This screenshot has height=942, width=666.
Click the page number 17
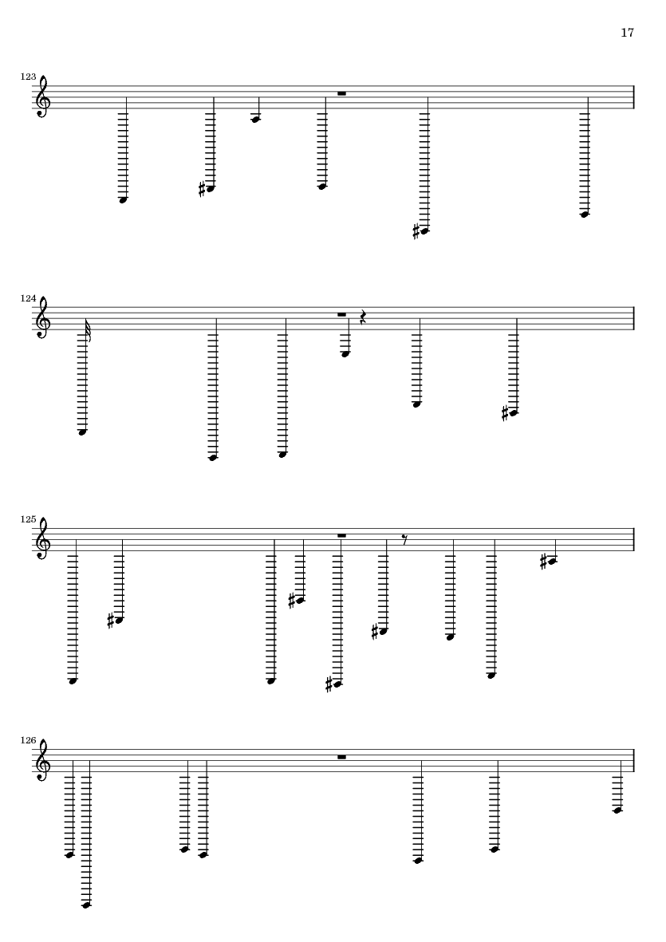pos(627,33)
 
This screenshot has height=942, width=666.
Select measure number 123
pos(28,77)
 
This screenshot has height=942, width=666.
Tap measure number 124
pos(28,298)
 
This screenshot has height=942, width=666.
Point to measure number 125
pos(28,519)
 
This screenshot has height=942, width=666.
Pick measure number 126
pos(28,740)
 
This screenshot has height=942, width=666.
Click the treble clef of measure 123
pos(43,97)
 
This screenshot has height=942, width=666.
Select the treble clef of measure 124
pos(43,318)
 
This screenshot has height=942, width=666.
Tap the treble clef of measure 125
pos(43,539)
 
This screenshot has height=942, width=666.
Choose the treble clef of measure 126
pos(43,761)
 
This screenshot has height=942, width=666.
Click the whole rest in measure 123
pos(341,93)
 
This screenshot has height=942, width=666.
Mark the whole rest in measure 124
pos(341,314)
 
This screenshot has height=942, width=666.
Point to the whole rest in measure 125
pos(341,535)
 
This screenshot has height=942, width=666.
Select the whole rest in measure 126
pos(341,756)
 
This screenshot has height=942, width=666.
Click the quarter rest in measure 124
pos(363,317)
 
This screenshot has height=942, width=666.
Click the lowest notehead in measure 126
pos(86,905)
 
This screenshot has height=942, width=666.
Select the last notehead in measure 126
pos(617,810)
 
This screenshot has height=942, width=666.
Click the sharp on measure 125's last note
pos(544,563)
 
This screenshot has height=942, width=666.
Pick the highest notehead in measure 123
pos(255,119)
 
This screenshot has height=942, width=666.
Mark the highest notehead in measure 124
pos(345,354)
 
